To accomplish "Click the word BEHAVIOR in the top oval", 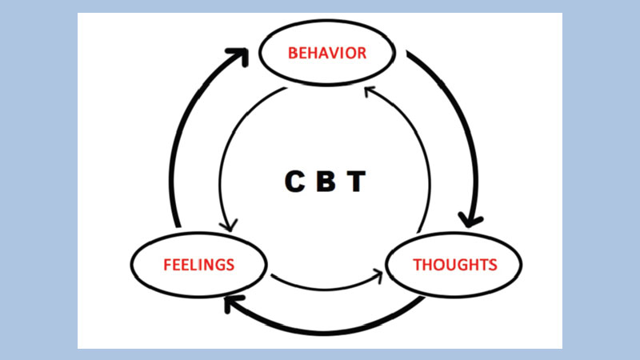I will [x=327, y=54].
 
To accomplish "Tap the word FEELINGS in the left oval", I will [x=198, y=264].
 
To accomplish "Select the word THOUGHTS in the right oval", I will [x=454, y=264].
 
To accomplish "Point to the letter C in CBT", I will [x=295, y=182].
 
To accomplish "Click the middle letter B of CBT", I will [x=326, y=182].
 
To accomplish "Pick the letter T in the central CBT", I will [x=357, y=182].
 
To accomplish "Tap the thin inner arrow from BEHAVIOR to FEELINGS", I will [x=226, y=152].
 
